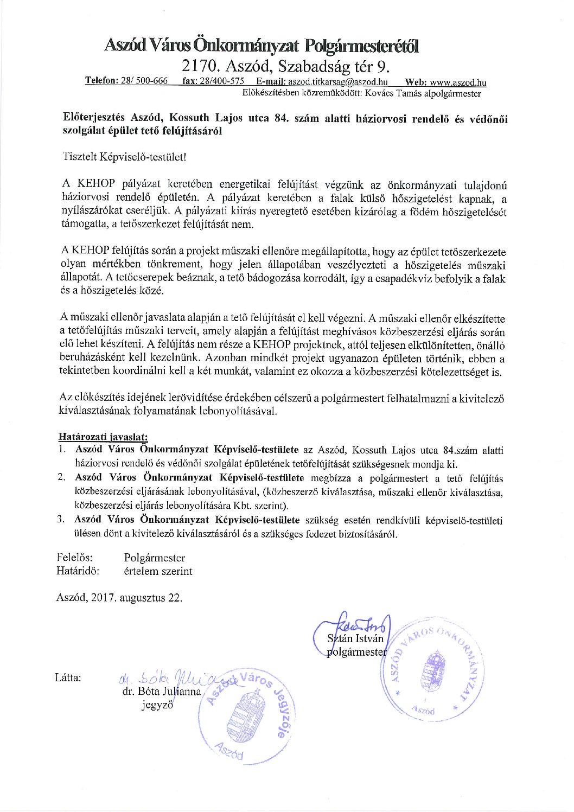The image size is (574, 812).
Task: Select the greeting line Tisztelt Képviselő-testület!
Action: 124,157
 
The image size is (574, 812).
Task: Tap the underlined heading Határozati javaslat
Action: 103,437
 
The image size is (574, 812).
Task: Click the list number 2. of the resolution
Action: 61,478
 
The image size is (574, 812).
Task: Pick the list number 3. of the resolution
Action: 61,520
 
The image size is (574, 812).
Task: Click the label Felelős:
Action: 74,558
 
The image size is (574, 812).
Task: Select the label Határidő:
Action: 78,571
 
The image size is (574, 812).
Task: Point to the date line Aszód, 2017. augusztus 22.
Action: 119,598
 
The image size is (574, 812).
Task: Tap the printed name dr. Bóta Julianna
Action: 162,692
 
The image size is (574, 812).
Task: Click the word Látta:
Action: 68,677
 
